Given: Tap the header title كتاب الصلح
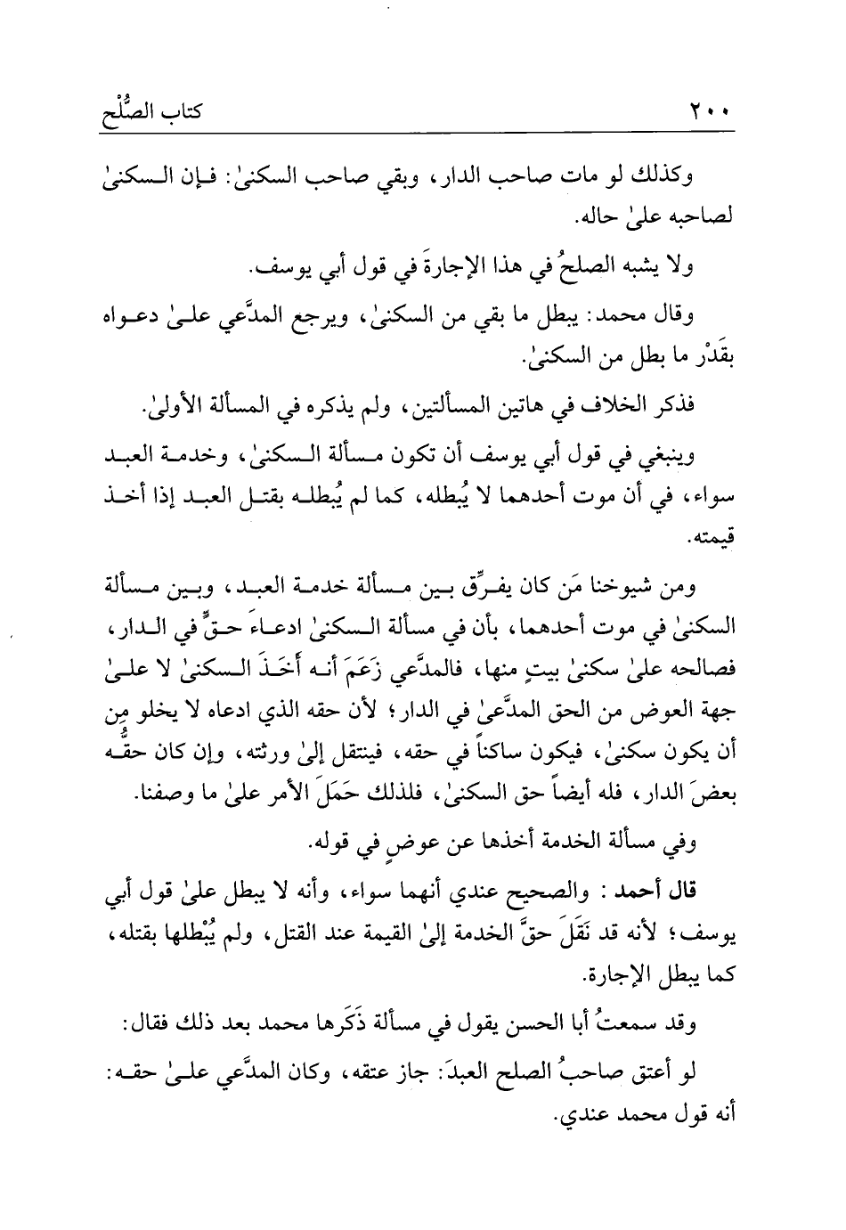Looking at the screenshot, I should (x=152, y=112).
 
